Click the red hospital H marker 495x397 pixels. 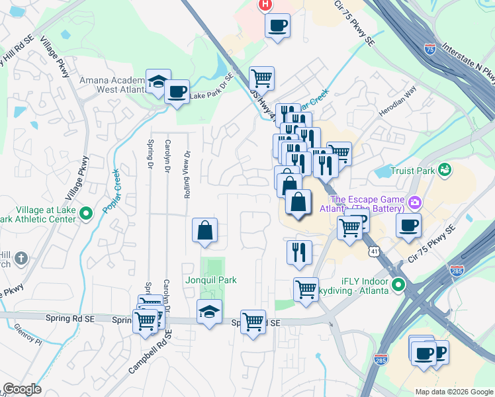(265, 5)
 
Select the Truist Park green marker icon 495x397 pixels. (447, 170)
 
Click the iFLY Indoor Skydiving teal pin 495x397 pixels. (398, 286)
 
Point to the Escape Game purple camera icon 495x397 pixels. (415, 201)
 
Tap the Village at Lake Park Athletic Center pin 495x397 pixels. (85, 214)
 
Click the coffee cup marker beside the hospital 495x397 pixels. (277, 26)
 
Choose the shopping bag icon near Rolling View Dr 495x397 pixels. (205, 230)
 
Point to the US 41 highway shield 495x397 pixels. (375, 251)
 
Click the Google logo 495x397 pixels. (22, 388)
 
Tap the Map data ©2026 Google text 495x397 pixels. (453, 392)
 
